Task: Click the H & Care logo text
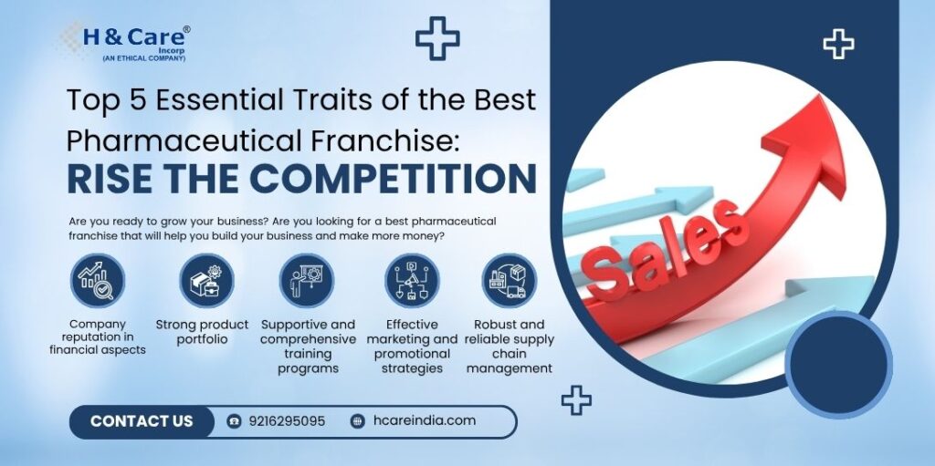coord(135,37)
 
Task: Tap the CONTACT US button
coord(142,421)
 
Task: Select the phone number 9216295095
coord(287,421)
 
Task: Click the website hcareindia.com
coord(425,420)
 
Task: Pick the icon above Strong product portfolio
coord(206,281)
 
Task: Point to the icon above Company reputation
coord(97,281)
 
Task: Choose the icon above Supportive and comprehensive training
coord(307,281)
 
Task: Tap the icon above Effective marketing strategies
coord(412,281)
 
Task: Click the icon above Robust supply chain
coord(510,281)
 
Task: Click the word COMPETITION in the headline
coord(394,178)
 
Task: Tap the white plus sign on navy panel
coord(838,44)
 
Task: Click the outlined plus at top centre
coord(437,38)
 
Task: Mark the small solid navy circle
coord(838,364)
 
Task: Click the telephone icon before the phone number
coord(235,421)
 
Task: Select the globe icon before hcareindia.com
coord(358,421)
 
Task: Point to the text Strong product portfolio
coord(202,332)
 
